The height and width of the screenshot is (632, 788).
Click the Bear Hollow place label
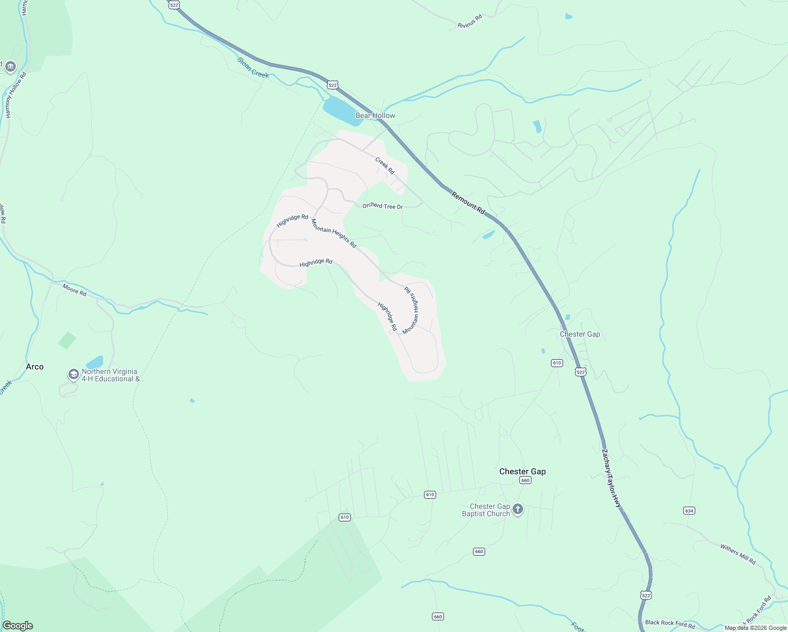(x=375, y=115)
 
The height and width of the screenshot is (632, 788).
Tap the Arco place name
(x=35, y=367)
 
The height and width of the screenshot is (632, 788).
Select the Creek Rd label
(x=385, y=165)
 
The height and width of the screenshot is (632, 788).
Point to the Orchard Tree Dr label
(x=382, y=206)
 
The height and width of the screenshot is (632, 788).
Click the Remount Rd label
(x=468, y=202)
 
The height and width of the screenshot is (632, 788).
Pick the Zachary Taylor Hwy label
(x=612, y=478)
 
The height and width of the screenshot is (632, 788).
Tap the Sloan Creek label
(x=253, y=68)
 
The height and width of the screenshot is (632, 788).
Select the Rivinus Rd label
(x=469, y=22)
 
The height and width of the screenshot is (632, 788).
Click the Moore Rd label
(x=74, y=289)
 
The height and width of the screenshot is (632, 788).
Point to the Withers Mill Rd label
(x=737, y=554)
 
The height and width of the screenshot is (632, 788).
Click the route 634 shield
(x=689, y=510)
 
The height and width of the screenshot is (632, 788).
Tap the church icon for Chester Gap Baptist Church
(x=518, y=509)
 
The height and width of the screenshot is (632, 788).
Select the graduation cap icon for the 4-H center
(x=73, y=374)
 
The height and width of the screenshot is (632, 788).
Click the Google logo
(x=17, y=626)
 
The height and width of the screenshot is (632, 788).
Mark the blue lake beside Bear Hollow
(x=340, y=110)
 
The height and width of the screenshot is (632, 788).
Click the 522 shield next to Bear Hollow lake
(x=332, y=85)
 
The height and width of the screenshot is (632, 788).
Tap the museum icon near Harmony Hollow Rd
(x=9, y=67)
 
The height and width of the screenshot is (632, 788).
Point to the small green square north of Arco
(x=67, y=340)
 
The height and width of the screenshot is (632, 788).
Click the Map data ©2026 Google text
(x=755, y=628)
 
